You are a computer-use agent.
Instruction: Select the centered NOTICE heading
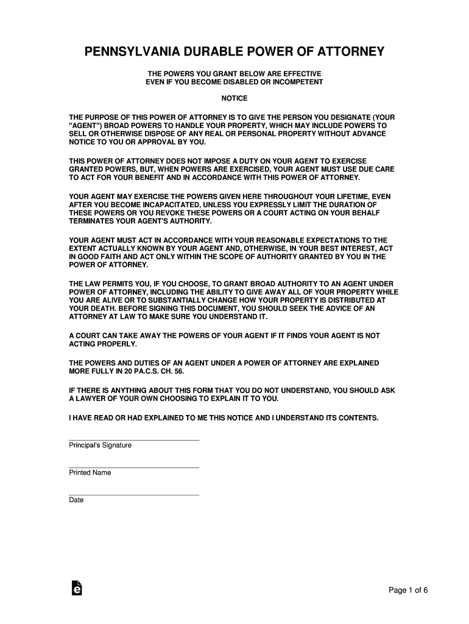[x=234, y=97]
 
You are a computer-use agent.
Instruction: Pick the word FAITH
[x=110, y=257]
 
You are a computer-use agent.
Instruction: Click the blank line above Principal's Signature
[x=133, y=440]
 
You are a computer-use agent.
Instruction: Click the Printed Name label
[x=90, y=473]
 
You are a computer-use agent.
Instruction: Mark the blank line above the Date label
[x=133, y=495]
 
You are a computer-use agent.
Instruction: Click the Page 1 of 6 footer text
[x=410, y=590]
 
